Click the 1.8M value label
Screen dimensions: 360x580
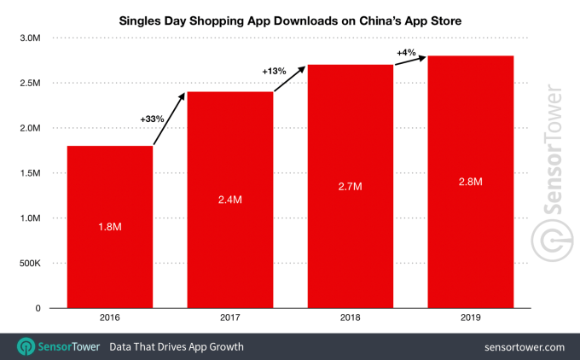(x=110, y=227)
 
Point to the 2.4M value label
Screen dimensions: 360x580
(x=230, y=200)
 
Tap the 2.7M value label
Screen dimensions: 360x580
(x=351, y=186)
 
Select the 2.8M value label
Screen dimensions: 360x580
(x=470, y=182)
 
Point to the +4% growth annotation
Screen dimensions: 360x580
(x=406, y=54)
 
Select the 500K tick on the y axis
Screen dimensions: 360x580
(x=29, y=264)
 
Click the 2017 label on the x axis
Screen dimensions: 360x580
(x=230, y=317)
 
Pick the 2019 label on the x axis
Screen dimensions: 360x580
(x=470, y=317)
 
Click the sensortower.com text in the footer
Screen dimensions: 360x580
(x=524, y=347)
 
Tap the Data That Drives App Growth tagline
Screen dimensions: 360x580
(x=176, y=347)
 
